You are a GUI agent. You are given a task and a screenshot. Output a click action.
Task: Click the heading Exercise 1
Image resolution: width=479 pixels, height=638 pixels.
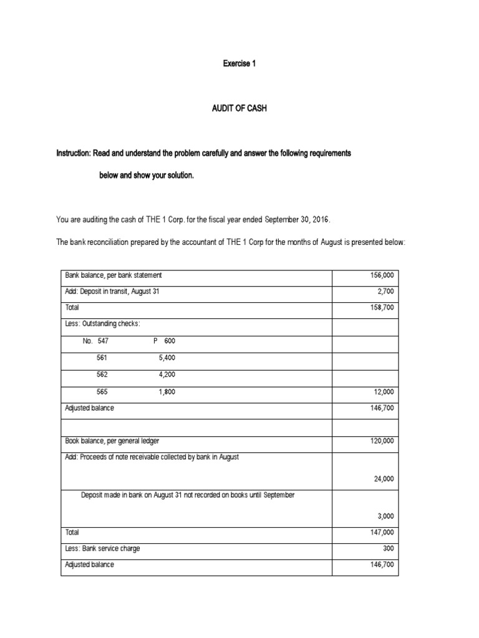coord(239,64)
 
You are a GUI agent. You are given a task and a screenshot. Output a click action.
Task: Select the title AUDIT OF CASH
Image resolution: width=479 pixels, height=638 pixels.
coord(239,108)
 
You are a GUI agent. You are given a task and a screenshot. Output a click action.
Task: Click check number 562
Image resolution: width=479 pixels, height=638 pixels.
coord(102,374)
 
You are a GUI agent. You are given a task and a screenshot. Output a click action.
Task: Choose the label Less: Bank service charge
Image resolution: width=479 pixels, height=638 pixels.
coord(103,549)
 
